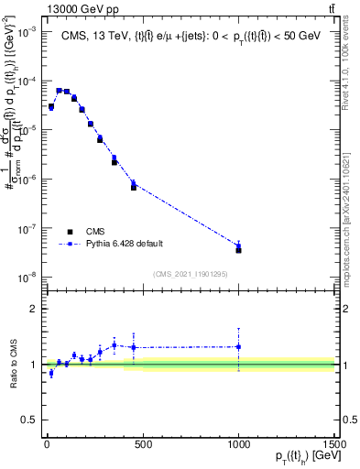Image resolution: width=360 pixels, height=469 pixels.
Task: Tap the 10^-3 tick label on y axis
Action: pyautogui.click(x=26, y=31)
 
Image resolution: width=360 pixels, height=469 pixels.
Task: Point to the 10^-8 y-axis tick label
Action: pyautogui.click(x=26, y=277)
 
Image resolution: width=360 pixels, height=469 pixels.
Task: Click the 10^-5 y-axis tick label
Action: pyautogui.click(x=26, y=129)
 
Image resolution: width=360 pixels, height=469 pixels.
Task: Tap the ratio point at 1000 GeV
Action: pyautogui.click(x=238, y=347)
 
